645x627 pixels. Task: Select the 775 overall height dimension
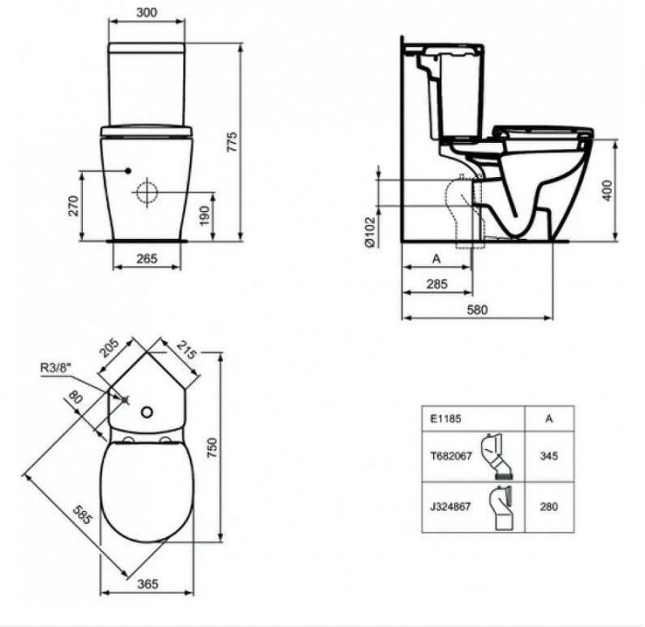pos(233,141)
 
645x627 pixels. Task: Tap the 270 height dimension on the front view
pos(74,206)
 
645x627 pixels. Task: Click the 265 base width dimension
pos(147,259)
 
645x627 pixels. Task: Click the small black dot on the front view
pos(128,172)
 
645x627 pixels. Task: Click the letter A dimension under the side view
pos(436,259)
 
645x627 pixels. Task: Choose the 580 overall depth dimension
pos(477,310)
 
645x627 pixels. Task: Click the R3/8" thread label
pos(56,369)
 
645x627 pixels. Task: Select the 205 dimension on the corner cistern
pos(109,349)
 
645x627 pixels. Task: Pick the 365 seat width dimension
pos(143,583)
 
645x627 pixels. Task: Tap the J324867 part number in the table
pos(449,505)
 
